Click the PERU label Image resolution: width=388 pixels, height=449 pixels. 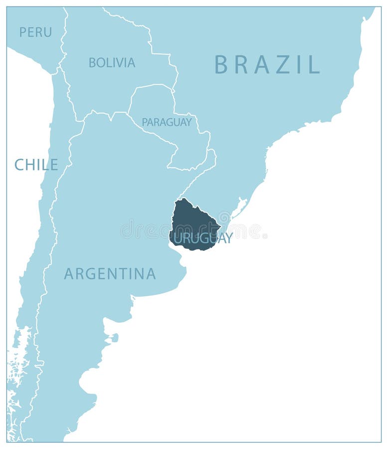[35, 32]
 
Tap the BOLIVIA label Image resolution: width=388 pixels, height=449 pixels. [112, 63]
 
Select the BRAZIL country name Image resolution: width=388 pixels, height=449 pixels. [267, 65]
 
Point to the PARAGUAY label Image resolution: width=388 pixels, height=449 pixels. [167, 122]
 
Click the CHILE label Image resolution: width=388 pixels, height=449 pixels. [36, 165]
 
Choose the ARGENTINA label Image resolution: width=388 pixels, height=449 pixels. [110, 274]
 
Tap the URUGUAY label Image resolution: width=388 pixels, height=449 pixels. [203, 238]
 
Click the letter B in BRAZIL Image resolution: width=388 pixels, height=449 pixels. [221, 65]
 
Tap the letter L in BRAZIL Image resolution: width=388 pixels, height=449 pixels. [315, 65]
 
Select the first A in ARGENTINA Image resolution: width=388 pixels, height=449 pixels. [69, 274]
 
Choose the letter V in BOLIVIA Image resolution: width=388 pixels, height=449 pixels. [120, 63]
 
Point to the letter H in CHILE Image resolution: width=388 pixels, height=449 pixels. [29, 165]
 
